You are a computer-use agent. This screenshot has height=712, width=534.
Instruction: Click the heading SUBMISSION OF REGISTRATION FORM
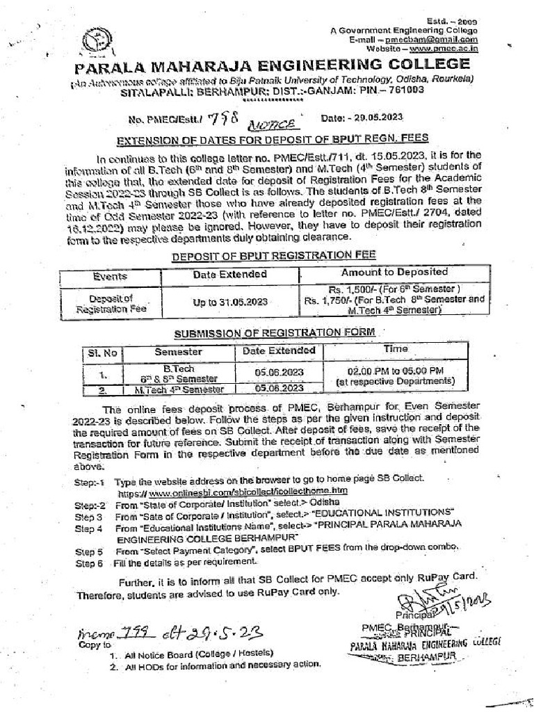pyautogui.click(x=274, y=332)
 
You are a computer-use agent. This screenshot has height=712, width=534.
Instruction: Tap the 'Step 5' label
pyautogui.click(x=89, y=551)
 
